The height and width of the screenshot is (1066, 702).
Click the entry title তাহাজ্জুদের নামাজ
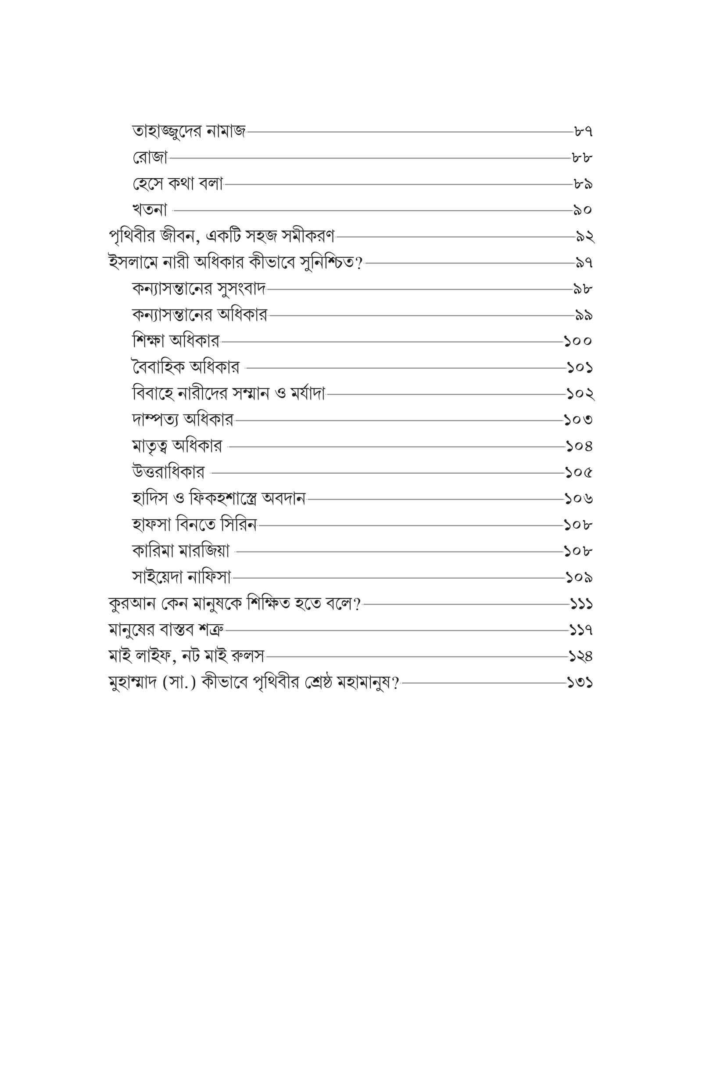pyautogui.click(x=189, y=132)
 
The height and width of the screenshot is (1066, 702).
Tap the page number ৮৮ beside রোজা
pyautogui.click(x=582, y=158)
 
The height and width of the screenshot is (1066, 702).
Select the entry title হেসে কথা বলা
pyautogui.click(x=178, y=184)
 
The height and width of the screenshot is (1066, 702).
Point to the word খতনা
pyautogui.click(x=150, y=209)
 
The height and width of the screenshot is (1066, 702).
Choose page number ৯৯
pyautogui.click(x=584, y=315)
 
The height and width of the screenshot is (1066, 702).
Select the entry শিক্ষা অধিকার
pyautogui.click(x=176, y=341)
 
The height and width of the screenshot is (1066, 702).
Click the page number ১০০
pyautogui.click(x=577, y=341)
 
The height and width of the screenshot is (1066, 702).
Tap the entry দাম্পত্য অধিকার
pyautogui.click(x=183, y=420)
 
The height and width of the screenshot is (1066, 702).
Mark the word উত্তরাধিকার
pyautogui.click(x=168, y=472)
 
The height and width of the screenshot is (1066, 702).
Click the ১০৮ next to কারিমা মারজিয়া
pyautogui.click(x=578, y=551)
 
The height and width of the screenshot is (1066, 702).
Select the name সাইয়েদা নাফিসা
pyautogui.click(x=181, y=577)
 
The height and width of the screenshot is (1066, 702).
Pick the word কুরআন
pyautogui.click(x=132, y=604)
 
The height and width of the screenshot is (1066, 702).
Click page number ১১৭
pyautogui.click(x=581, y=630)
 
